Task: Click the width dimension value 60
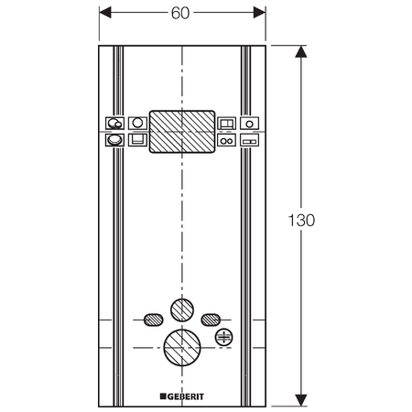(180, 13)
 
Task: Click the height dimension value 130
(301, 220)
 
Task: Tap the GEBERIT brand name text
(185, 396)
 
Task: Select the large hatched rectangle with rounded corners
(182, 132)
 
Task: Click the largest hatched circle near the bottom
(182, 348)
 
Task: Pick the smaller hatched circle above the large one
(182, 310)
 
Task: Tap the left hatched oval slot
(154, 320)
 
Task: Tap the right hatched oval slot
(211, 320)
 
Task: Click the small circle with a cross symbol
(224, 337)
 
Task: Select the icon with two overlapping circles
(114, 124)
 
